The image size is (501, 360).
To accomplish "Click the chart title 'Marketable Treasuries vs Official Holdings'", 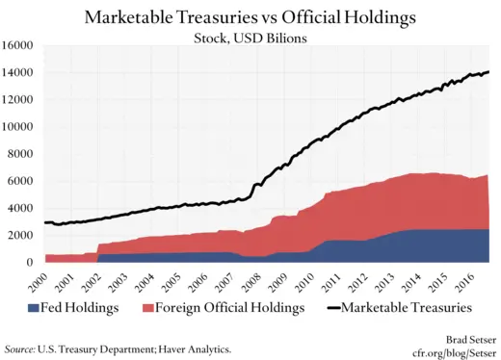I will coord(250,17).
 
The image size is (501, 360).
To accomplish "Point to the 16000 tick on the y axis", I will coord(18,45).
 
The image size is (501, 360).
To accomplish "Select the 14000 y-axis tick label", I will coord(18,72).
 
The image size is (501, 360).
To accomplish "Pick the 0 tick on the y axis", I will coord(31,262).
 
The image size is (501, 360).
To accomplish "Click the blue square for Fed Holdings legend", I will coord(33,308).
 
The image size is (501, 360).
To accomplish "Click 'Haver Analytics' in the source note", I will coord(193,347).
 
